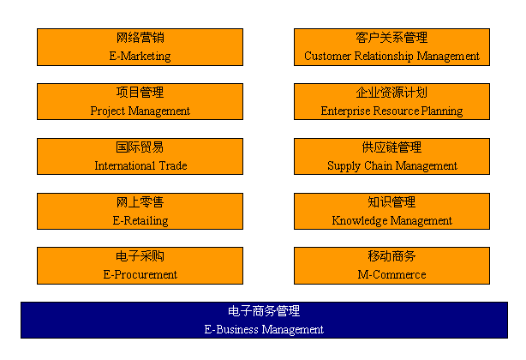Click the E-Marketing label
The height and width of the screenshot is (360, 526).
coord(140,56)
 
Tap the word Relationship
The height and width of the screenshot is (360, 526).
coord(384,56)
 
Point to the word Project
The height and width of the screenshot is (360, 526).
coord(107,111)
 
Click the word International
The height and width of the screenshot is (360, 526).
coord(125,165)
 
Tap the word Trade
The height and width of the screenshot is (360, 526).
coord(173,165)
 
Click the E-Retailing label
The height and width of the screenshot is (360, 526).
coord(140,221)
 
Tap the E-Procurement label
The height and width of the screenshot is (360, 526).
coord(140,275)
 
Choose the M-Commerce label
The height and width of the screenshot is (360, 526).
coord(392,275)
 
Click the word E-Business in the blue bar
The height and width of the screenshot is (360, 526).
coord(231,329)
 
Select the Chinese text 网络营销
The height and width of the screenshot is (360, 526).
coord(140,38)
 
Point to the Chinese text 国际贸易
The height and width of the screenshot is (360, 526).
coord(140,147)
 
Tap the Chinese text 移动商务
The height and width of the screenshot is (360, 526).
coord(392,256)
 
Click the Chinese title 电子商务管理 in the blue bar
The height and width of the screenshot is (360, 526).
coord(264,311)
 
